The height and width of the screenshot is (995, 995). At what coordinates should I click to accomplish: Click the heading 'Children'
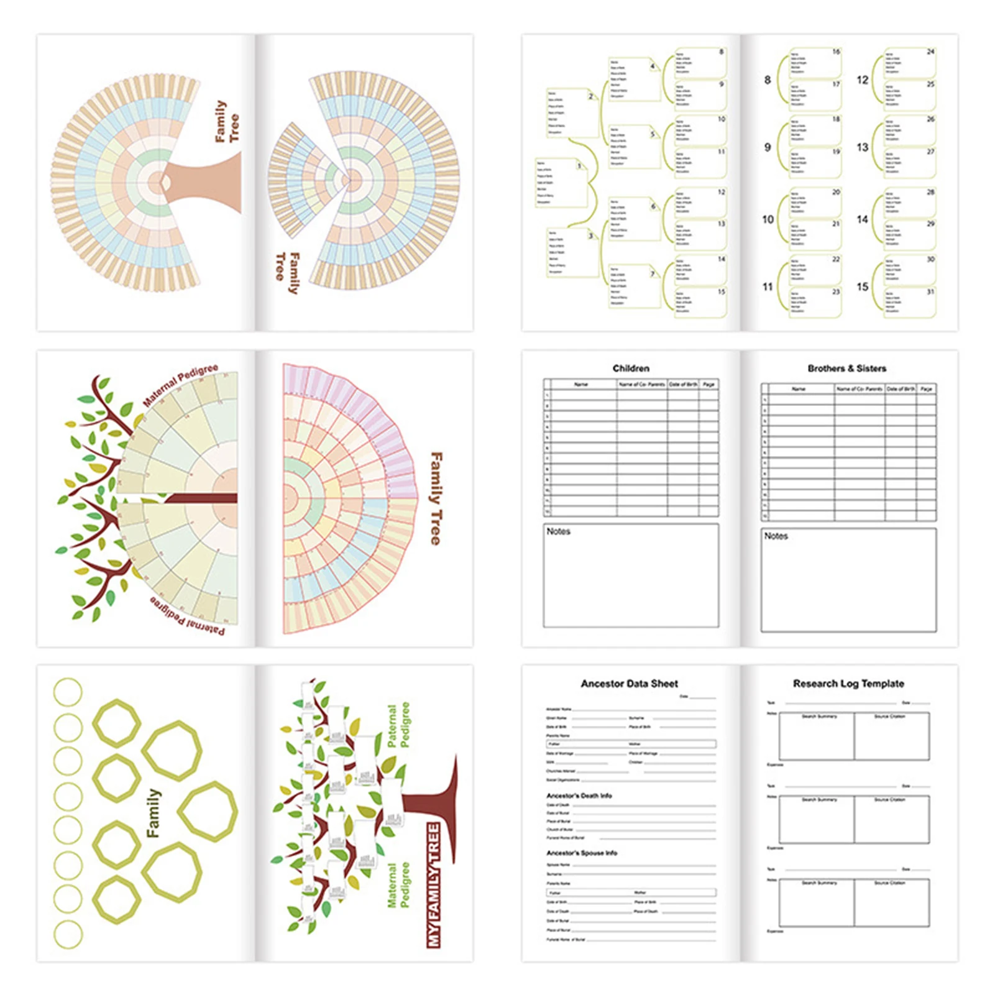click(x=630, y=369)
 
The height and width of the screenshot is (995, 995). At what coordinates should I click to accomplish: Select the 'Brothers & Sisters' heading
click(x=846, y=369)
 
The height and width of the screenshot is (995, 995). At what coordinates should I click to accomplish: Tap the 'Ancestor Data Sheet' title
click(x=629, y=684)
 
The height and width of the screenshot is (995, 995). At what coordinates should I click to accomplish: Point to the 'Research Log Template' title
click(x=848, y=684)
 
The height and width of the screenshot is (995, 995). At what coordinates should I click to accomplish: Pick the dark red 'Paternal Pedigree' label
click(x=187, y=618)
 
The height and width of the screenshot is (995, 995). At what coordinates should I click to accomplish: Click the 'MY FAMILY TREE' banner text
click(x=434, y=885)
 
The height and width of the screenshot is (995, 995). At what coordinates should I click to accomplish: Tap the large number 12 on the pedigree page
click(x=862, y=80)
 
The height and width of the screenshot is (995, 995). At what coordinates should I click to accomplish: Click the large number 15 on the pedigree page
click(x=862, y=287)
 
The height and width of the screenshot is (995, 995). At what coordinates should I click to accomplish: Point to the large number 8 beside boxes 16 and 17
click(x=768, y=80)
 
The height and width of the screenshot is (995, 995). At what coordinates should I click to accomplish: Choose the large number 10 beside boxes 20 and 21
click(x=768, y=219)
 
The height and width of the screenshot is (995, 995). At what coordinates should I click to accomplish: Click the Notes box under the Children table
click(x=631, y=575)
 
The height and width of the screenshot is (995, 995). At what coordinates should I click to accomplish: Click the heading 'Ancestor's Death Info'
click(x=579, y=796)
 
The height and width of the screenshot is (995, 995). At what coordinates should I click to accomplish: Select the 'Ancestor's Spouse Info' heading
click(x=582, y=853)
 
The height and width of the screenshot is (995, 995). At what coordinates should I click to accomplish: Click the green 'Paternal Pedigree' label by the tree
click(x=398, y=725)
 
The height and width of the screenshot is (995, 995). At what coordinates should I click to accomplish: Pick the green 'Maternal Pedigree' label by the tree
click(x=398, y=885)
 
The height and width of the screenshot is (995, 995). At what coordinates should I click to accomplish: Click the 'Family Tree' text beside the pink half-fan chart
click(x=436, y=498)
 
